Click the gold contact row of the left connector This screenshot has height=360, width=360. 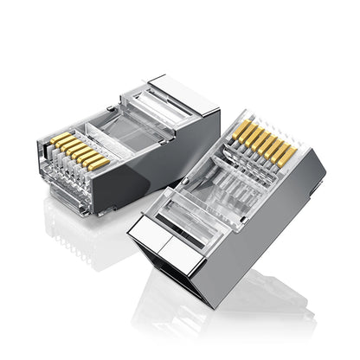pos(79,151)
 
